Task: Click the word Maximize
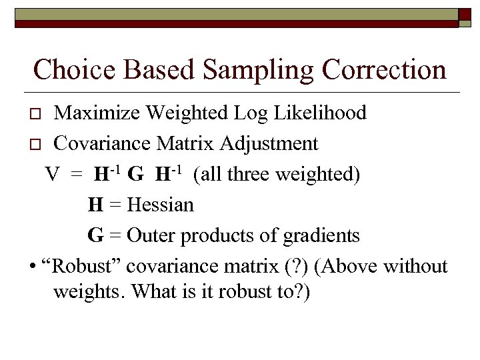click(101, 113)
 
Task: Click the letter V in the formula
click(53, 175)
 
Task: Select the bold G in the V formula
click(135, 175)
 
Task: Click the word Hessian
click(160, 205)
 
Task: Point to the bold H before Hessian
click(95, 205)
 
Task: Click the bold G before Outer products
click(95, 235)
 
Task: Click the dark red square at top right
click(465, 17)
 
